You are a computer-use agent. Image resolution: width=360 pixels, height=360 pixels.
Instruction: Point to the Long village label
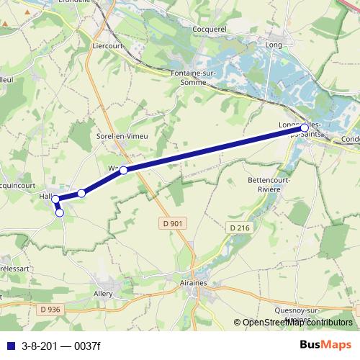click(x=274, y=45)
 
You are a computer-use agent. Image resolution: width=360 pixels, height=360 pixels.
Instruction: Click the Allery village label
click(x=104, y=294)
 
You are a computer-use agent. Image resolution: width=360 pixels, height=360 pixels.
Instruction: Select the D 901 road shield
click(x=172, y=224)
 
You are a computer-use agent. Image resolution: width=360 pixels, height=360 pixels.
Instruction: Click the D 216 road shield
click(x=241, y=228)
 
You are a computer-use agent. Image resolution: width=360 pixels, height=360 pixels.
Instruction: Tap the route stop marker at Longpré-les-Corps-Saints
click(x=305, y=128)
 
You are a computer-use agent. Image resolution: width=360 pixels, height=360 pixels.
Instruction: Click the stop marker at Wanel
click(x=123, y=170)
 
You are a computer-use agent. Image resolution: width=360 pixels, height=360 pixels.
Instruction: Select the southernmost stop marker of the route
click(x=59, y=212)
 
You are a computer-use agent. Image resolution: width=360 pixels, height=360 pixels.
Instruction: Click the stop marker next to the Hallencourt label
click(x=55, y=198)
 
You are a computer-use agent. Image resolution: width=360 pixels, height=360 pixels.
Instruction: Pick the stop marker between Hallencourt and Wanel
click(x=82, y=193)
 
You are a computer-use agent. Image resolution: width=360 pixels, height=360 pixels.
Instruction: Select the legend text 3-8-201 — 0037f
click(x=61, y=345)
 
